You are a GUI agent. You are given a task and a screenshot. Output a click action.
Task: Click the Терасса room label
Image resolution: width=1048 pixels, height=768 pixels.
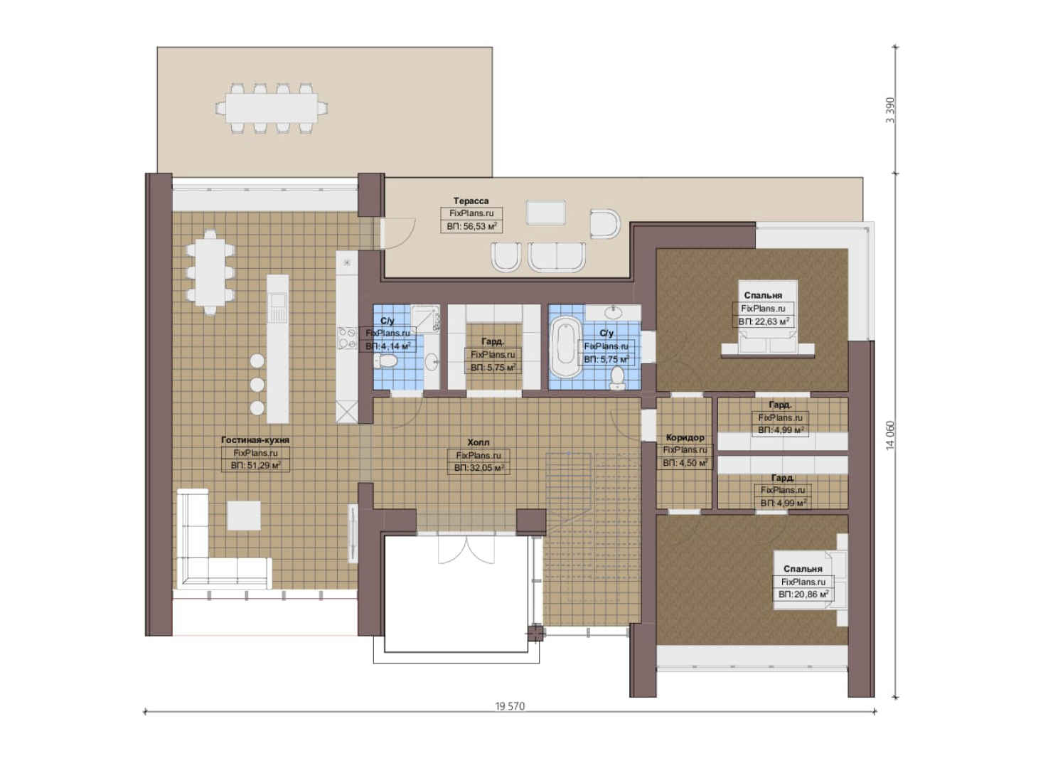coord(471,201)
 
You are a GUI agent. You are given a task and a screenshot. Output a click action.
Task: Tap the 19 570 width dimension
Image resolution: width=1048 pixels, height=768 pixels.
coord(510,705)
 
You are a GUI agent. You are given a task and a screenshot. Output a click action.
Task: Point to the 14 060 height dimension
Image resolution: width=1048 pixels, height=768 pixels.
coord(890,435)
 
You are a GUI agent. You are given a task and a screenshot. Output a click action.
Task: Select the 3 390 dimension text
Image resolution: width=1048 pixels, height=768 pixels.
coord(890,110)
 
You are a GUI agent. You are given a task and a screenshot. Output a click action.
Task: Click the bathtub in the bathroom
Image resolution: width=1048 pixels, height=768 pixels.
coord(566,347)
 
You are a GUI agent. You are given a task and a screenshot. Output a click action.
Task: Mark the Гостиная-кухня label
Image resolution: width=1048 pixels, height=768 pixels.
coord(255,440)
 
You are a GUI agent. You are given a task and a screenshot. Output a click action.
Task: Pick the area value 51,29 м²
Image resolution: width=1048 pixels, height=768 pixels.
coord(255,466)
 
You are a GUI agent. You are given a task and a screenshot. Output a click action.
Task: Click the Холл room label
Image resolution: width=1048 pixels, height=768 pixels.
coord(478,442)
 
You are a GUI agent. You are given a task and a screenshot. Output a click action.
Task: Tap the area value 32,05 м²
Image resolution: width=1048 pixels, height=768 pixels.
coord(478,468)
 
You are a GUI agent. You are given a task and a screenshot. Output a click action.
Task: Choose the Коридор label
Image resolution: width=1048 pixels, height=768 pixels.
coord(685,437)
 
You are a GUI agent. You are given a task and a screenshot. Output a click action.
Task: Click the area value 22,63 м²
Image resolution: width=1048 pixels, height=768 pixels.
coord(764,321)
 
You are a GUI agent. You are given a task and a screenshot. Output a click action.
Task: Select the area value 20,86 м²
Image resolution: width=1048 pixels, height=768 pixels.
coord(803,594)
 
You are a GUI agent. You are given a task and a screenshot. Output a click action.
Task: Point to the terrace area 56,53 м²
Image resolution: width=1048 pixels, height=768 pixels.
coord(471,227)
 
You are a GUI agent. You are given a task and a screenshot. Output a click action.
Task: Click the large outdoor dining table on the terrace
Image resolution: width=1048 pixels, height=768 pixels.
coord(272,109)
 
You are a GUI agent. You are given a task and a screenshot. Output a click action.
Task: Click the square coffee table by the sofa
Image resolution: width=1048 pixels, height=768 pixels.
coord(244,516)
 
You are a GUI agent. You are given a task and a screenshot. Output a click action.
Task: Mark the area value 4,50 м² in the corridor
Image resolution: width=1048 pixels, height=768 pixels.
coord(685,463)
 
